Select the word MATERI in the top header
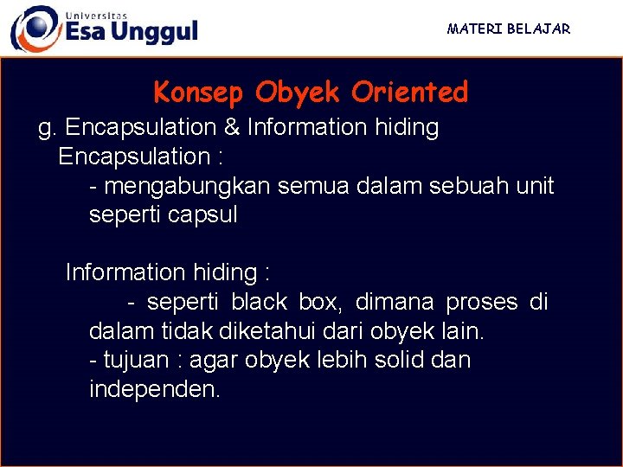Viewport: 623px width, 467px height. pyautogui.click(x=474, y=29)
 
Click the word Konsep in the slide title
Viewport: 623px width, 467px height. pyautogui.click(x=199, y=92)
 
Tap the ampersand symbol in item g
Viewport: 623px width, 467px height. pyautogui.click(x=232, y=128)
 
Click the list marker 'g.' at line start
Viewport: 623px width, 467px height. pyautogui.click(x=48, y=129)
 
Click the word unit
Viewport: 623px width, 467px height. pyautogui.click(x=535, y=186)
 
